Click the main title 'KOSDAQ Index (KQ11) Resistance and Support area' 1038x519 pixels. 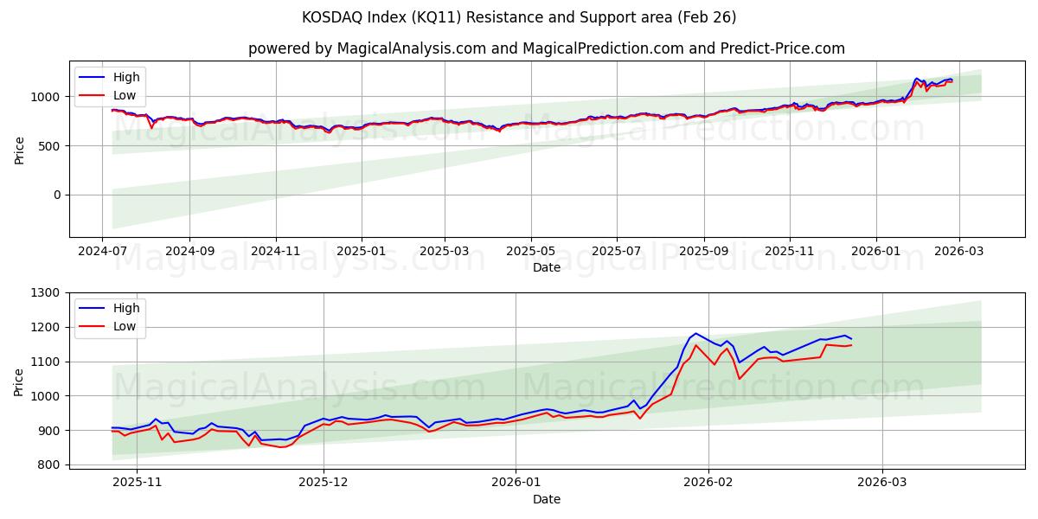coord(519,17)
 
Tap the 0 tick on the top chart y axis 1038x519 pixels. coord(58,195)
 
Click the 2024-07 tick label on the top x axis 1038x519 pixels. coord(103,251)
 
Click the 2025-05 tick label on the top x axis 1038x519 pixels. coord(530,251)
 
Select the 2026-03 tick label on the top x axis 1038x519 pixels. coord(958,251)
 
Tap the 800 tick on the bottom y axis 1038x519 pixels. coord(51,465)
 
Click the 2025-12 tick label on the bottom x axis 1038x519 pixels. coord(324,483)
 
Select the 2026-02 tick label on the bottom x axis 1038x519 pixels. coord(708,483)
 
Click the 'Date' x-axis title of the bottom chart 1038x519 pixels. coord(546,499)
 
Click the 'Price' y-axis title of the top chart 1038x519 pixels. coord(20,149)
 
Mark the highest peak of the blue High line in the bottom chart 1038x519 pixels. coord(695,333)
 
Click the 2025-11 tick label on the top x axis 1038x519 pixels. coord(789,251)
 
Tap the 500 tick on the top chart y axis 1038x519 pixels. coord(51,146)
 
